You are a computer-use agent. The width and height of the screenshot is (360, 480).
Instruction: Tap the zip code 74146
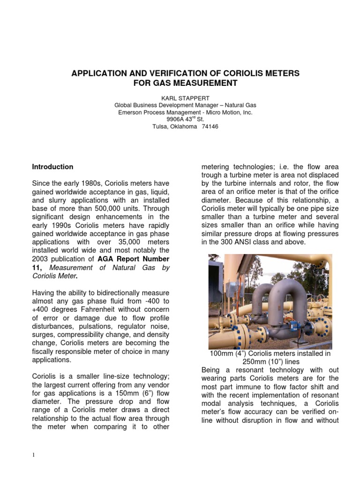[210, 127]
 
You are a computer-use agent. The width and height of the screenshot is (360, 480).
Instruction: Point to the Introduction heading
[52, 167]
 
